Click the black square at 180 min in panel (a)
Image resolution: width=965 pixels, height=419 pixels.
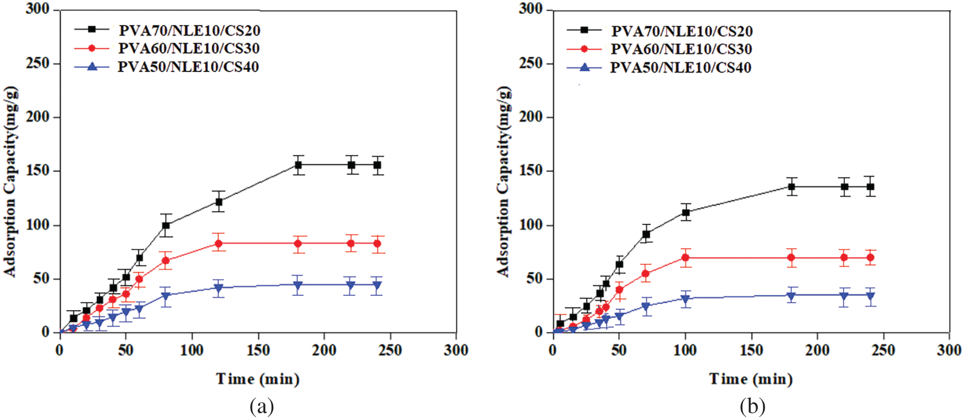point(298,165)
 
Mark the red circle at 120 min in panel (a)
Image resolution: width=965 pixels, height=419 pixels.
point(218,244)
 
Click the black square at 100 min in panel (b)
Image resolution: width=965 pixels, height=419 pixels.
point(685,213)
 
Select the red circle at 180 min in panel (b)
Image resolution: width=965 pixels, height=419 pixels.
point(791,258)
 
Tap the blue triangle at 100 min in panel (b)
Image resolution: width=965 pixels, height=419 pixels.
point(685,299)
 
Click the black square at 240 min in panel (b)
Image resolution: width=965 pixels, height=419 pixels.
point(870,187)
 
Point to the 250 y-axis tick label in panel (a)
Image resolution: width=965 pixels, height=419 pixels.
point(37,63)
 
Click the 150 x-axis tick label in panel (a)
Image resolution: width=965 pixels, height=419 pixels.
point(258,350)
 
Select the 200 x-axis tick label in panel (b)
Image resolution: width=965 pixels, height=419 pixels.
point(817,350)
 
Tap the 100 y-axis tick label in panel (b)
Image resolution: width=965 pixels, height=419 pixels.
point(531,225)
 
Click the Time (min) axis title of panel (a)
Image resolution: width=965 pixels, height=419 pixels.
point(258,379)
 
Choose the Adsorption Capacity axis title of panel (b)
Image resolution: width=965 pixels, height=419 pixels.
point(504,181)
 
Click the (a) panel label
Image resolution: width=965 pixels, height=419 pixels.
point(262,407)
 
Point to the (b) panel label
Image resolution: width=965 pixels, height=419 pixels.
point(752,407)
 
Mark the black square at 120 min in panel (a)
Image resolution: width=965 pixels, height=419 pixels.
point(218,202)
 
